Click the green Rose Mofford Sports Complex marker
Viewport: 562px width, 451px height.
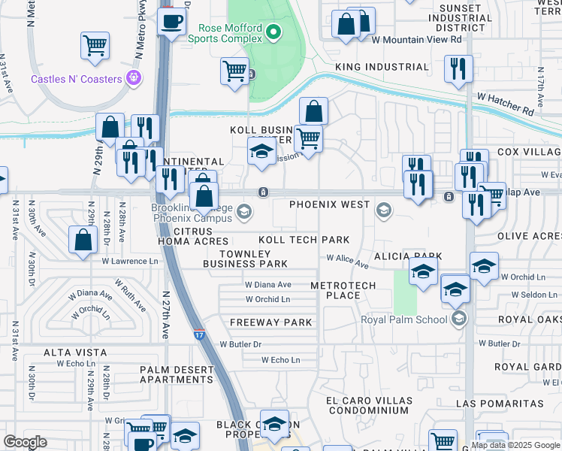click(x=273, y=32)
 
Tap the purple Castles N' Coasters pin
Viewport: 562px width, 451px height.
click(x=134, y=77)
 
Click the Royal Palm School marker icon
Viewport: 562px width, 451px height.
click(x=460, y=319)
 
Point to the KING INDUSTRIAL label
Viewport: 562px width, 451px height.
click(x=382, y=67)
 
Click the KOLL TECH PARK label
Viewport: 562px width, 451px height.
click(x=304, y=240)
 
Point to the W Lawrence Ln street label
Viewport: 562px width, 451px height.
click(x=131, y=262)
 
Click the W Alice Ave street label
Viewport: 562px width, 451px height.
click(x=347, y=261)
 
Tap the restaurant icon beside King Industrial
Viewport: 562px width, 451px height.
click(x=458, y=69)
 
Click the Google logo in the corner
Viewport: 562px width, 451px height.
click(x=25, y=442)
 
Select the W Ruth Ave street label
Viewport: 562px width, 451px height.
click(x=131, y=297)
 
